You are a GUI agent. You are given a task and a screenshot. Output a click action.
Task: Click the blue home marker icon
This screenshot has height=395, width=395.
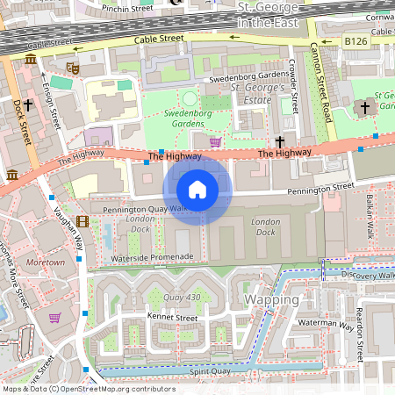coord(197,190)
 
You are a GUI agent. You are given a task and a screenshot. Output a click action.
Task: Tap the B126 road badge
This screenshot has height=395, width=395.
coord(355,40)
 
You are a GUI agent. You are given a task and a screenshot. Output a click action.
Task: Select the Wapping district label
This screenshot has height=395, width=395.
coord(271,299)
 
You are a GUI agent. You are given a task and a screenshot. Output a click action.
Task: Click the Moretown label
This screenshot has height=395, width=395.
coord(46,262)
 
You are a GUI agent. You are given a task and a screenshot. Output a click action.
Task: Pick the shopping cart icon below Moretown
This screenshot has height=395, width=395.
coord(54,318)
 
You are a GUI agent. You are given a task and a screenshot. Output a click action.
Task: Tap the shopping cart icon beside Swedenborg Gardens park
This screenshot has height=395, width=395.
coord(215,140)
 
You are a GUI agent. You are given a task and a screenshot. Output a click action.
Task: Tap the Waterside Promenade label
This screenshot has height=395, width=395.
coord(153,257)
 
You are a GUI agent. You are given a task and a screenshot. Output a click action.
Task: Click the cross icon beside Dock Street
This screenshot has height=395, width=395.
coord(28,104)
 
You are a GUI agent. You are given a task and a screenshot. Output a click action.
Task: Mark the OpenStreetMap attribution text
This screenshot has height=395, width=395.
coord(88,389)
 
